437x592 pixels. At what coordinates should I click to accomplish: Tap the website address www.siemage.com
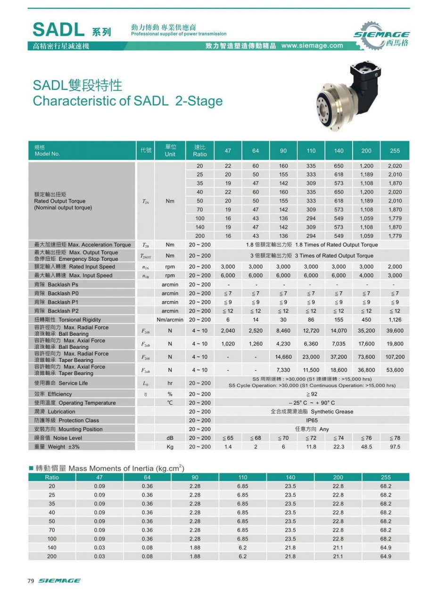(312, 46)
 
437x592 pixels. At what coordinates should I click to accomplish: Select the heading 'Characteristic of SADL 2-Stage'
(128, 101)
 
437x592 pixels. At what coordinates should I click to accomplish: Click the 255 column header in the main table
(395, 151)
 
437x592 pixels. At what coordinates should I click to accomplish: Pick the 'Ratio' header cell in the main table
(200, 151)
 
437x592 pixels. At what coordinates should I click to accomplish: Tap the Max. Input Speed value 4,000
(366, 275)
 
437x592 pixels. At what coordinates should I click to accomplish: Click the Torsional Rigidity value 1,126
(395, 320)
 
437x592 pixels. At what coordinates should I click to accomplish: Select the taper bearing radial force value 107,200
(395, 356)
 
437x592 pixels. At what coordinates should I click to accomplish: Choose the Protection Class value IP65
(312, 420)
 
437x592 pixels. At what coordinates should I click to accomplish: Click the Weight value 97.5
(395, 447)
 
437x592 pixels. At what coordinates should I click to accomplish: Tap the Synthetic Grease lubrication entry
(312, 412)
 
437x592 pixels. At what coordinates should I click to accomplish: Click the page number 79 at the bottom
(31, 581)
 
